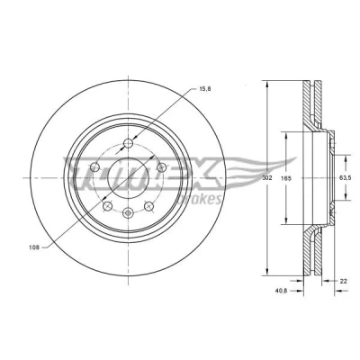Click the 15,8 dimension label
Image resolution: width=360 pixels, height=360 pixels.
pos(205,89)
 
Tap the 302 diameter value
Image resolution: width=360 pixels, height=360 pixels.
pos(266,178)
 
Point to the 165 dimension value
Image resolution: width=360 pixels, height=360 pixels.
pos(286,178)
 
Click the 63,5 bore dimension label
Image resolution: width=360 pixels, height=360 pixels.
pos(345,178)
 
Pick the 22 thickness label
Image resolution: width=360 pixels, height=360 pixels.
pos(344,281)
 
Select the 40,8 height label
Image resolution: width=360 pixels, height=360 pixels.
pos(281,291)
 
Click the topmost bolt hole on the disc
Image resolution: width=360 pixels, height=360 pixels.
pos(129,143)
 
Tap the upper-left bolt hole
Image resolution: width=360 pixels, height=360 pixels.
pos(95,167)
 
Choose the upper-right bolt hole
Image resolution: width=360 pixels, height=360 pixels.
pos(162,167)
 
